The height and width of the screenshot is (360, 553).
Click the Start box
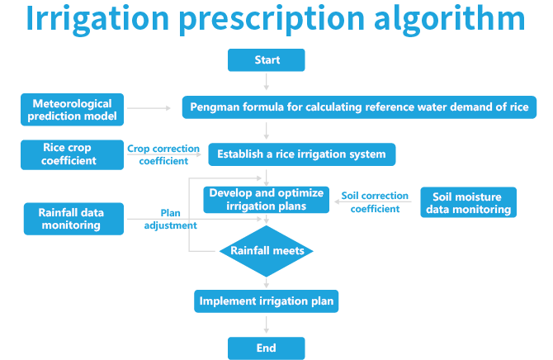point(267,60)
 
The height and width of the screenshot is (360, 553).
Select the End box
point(266,348)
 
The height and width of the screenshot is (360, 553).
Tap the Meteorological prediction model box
point(72,111)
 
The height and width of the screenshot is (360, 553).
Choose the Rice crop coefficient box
point(68,154)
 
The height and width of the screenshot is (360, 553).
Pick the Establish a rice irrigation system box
point(301,154)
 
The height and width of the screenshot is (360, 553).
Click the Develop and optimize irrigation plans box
point(266,199)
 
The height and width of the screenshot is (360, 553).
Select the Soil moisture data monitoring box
point(468,202)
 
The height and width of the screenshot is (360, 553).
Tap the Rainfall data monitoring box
point(73,218)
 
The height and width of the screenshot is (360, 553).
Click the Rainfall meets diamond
point(266,250)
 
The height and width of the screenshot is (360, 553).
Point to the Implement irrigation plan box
point(267,301)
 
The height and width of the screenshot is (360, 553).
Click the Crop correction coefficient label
point(163,154)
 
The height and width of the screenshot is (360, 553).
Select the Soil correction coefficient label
point(375,202)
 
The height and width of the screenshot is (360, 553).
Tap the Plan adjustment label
point(170,219)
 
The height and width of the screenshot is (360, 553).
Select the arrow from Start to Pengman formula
point(267,82)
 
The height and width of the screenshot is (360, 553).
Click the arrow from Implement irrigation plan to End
point(266,324)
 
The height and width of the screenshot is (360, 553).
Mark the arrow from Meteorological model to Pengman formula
point(154,108)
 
